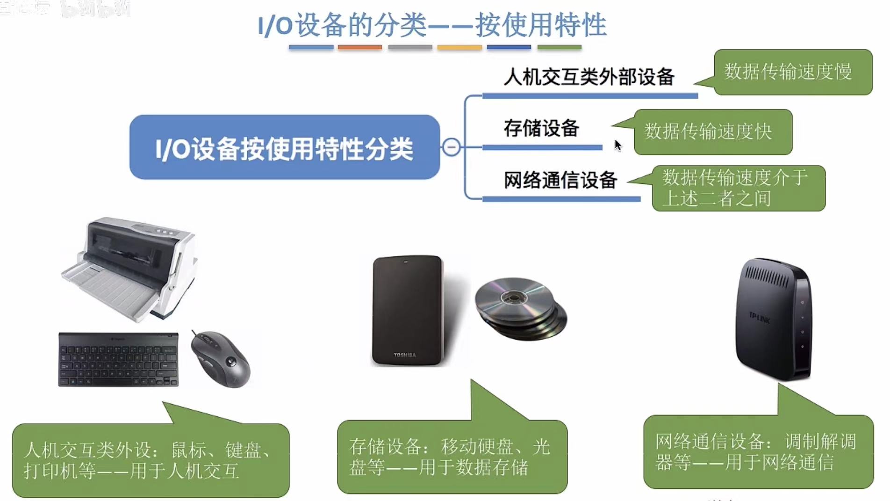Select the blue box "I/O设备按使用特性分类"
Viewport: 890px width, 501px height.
coord(284,148)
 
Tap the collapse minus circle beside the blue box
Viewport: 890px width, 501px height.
coord(451,147)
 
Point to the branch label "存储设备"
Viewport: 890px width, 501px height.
coord(541,128)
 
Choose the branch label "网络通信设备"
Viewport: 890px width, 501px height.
coord(560,180)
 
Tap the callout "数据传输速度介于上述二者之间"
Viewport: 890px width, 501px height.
coord(738,188)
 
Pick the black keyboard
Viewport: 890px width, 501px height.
coord(118,359)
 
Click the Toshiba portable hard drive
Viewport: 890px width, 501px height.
coord(407,310)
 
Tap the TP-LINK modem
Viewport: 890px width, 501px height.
coord(774,319)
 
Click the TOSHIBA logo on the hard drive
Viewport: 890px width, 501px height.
coord(405,355)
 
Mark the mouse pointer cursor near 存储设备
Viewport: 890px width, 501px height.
coord(617,145)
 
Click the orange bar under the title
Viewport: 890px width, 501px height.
coord(359,47)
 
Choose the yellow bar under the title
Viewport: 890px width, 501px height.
coord(459,47)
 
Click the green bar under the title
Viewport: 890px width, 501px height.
coord(559,47)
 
